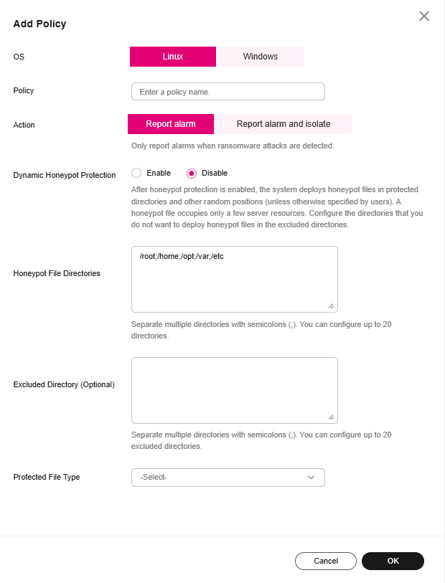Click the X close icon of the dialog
click(x=424, y=16)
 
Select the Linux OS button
click(x=173, y=57)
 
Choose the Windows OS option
click(x=260, y=57)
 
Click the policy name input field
click(x=228, y=92)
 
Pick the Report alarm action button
click(x=171, y=124)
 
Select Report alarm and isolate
click(x=284, y=124)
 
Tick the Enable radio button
click(x=136, y=173)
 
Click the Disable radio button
click(x=192, y=173)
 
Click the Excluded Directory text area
click(x=234, y=390)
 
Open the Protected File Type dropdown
click(x=228, y=477)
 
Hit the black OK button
click(x=393, y=561)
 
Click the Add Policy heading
click(x=39, y=24)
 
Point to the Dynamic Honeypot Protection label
click(x=65, y=175)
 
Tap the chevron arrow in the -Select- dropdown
click(x=311, y=477)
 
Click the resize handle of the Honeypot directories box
click(x=332, y=306)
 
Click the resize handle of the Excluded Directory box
click(x=332, y=417)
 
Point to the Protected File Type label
click(x=47, y=477)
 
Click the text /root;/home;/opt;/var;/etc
click(x=185, y=256)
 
